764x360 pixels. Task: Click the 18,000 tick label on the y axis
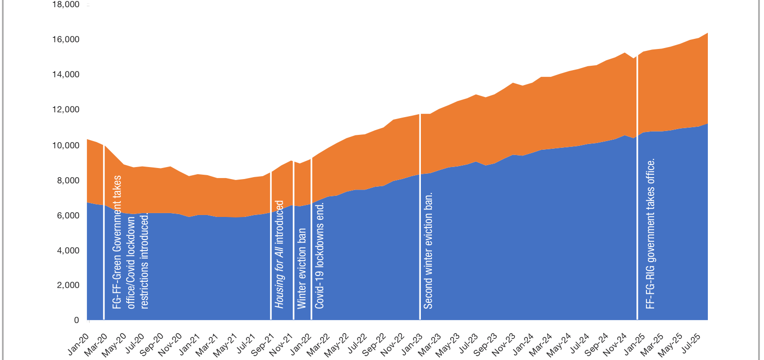pyautogui.click(x=66, y=5)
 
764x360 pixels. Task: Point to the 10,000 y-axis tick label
pyautogui.click(x=66, y=145)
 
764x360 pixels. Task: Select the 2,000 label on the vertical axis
pyautogui.click(x=68, y=285)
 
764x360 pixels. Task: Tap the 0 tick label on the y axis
pyautogui.click(x=76, y=320)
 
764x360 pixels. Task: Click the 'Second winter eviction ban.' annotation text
pyautogui.click(x=428, y=250)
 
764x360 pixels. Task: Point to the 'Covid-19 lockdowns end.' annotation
pyautogui.click(x=320, y=255)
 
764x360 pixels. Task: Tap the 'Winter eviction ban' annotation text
pyautogui.click(x=301, y=268)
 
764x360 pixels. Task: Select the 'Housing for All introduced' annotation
pyautogui.click(x=279, y=254)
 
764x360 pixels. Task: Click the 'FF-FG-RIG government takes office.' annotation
pyautogui.click(x=650, y=234)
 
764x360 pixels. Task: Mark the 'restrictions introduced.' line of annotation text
pyautogui.click(x=144, y=260)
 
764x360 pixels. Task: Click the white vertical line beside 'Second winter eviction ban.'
pyautogui.click(x=420, y=216)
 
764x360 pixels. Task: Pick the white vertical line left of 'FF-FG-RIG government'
pyautogui.click(x=637, y=187)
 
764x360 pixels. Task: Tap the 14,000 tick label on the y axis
pyautogui.click(x=66, y=74)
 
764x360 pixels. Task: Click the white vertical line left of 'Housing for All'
pyautogui.click(x=271, y=245)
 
